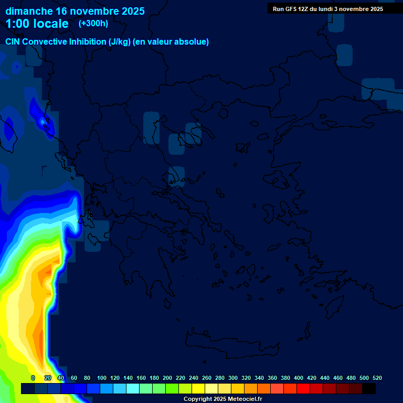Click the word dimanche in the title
click(28, 11)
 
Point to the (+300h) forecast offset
click(93, 24)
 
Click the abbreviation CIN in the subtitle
click(14, 42)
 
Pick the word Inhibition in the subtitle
click(87, 42)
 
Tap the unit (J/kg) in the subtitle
click(121, 42)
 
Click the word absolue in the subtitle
click(192, 42)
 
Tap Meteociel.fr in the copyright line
click(242, 399)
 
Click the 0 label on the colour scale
click(33, 378)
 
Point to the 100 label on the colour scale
click(102, 378)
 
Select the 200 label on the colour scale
click(167, 378)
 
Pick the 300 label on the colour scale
click(233, 378)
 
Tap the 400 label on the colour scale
click(299, 378)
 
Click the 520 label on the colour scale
click(377, 378)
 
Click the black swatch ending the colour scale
click(369, 388)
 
